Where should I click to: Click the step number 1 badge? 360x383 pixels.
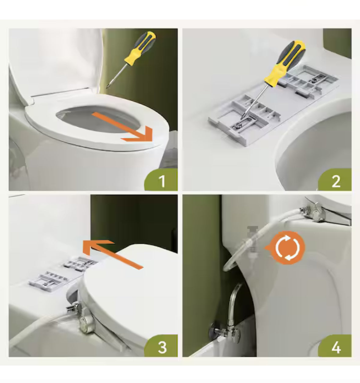162,181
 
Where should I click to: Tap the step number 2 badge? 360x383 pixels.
336,181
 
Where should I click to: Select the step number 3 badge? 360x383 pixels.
162,347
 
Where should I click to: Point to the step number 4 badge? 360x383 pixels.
336,347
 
